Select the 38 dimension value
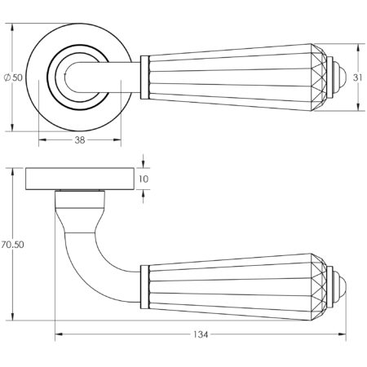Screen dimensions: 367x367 pos(78,140)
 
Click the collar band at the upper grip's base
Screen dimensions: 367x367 pos(145,77)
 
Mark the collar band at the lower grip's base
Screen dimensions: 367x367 pos(145,286)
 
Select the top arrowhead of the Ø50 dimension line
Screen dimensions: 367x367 pos(12,28)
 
